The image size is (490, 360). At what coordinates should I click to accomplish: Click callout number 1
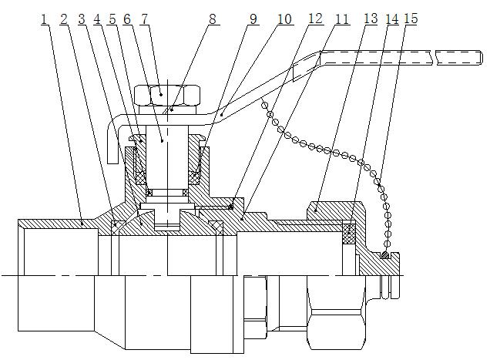coord(44,20)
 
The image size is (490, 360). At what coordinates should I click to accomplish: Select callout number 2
coord(64,20)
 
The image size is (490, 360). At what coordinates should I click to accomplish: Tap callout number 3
coord(82,20)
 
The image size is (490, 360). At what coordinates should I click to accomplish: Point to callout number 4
coord(97,20)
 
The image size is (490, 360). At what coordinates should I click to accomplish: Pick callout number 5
coord(112,20)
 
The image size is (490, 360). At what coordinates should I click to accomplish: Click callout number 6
coord(127,20)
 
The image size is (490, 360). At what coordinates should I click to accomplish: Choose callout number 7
coord(144,20)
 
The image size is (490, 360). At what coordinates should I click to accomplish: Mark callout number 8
coord(213,19)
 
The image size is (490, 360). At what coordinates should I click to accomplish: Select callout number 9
coord(253,19)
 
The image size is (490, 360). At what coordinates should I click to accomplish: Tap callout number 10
coord(284,19)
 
